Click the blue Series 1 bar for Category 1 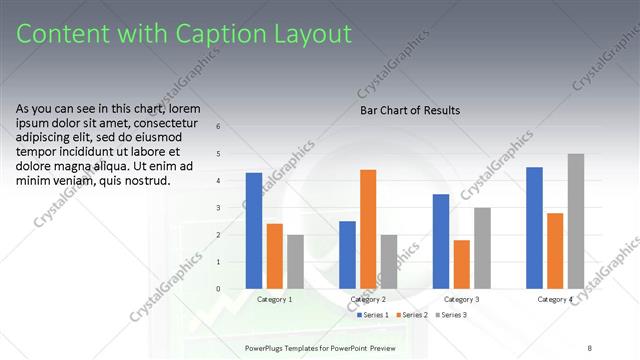click(254, 231)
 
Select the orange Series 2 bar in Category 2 click(368, 229)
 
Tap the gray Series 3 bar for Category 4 click(575, 221)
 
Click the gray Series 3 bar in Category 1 click(295, 262)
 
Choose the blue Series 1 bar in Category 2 click(347, 255)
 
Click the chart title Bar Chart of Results click(410, 110)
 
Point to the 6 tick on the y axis click(233, 127)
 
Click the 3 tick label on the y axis click(233, 208)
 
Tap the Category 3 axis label click(461, 299)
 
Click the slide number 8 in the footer click(590, 347)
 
